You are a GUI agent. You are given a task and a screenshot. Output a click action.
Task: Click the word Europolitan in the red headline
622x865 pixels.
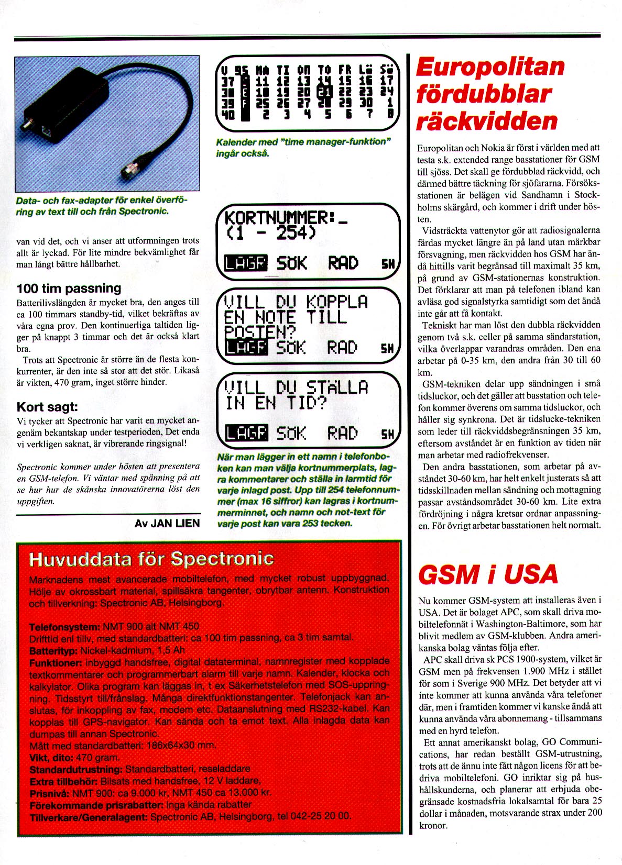(490, 68)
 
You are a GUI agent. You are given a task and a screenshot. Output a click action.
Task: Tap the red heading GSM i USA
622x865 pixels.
(487, 574)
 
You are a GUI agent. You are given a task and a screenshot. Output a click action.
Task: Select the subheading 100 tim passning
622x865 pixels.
(69, 288)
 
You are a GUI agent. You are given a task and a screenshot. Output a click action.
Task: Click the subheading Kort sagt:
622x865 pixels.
(47, 407)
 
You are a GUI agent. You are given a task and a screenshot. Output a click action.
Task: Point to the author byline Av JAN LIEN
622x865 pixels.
(167, 523)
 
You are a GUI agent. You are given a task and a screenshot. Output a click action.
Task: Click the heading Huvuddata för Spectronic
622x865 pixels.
(151, 559)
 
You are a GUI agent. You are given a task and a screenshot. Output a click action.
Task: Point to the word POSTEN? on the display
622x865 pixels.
(260, 331)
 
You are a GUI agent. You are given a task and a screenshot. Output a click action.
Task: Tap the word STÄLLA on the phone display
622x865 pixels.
(337, 387)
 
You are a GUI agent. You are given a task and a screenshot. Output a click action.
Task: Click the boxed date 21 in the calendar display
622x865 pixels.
(324, 92)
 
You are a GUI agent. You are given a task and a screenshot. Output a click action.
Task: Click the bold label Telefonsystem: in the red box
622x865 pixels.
(64, 627)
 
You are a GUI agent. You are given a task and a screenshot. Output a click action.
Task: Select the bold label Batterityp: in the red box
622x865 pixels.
(53, 650)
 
